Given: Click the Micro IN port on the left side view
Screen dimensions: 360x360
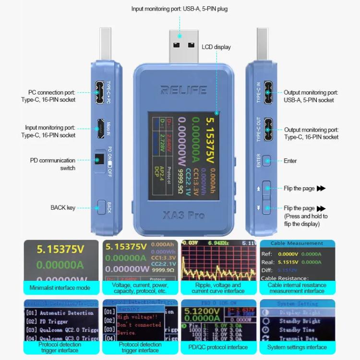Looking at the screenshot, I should [100, 127].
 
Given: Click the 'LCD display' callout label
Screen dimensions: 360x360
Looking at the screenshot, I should [216, 47].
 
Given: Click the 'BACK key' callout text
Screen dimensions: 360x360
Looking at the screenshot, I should [63, 208].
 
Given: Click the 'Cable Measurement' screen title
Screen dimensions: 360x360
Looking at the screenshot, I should [297, 243].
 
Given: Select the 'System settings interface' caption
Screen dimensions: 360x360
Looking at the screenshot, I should [297, 347].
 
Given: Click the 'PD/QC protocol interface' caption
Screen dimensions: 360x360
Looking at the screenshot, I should [218, 347].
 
